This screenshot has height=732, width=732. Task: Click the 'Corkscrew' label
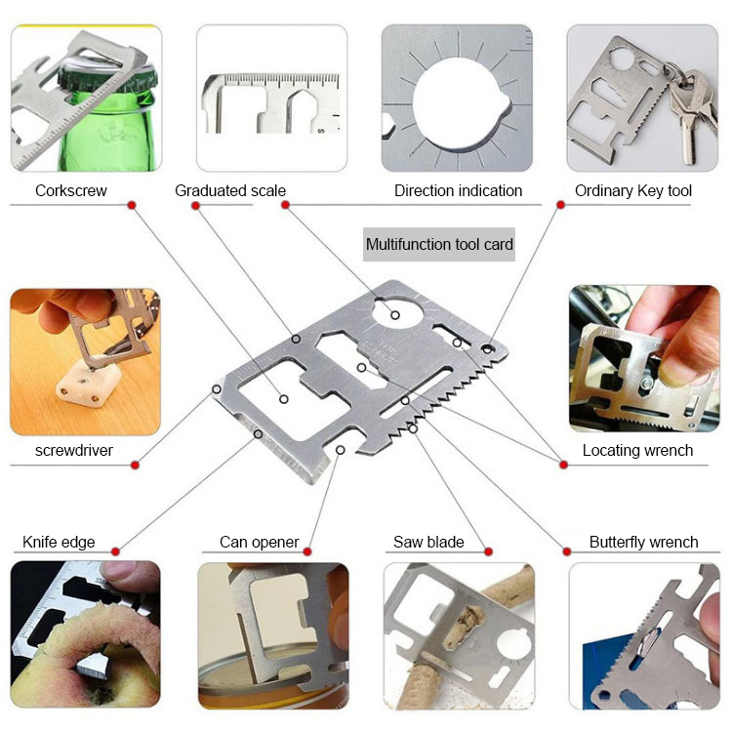pyautogui.click(x=71, y=190)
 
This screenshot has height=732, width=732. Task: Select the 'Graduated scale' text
pyautogui.click(x=230, y=190)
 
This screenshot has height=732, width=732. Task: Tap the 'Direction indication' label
pyautogui.click(x=458, y=190)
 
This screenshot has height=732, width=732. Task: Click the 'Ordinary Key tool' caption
pyautogui.click(x=632, y=190)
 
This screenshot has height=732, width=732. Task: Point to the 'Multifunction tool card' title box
pyautogui.click(x=439, y=244)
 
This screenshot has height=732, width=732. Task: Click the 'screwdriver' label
pyautogui.click(x=74, y=450)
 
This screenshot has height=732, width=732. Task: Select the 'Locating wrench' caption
pyautogui.click(x=637, y=450)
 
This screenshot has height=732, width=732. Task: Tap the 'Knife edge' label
pyautogui.click(x=59, y=542)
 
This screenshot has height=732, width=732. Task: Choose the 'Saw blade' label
pyautogui.click(x=428, y=542)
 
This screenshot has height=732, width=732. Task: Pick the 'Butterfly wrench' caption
pyautogui.click(x=643, y=542)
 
